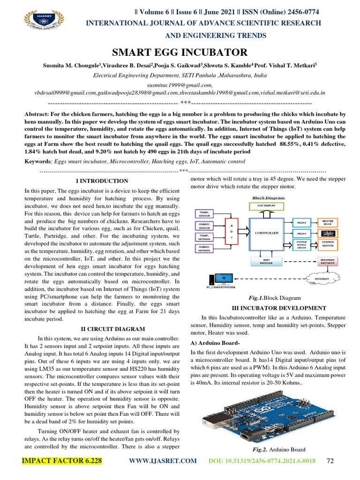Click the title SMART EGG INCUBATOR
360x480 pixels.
click(180, 52)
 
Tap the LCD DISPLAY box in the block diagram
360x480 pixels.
click(266, 205)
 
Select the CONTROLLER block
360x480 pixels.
click(266, 232)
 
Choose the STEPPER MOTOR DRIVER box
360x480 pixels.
click(302, 245)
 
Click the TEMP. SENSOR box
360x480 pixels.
click(204, 214)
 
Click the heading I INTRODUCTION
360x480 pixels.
click(102, 181)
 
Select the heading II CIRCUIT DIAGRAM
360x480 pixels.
click(102, 329)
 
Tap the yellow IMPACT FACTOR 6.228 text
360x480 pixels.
click(61, 461)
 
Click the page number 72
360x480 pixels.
click(330, 461)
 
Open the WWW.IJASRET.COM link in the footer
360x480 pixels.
click(163, 461)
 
